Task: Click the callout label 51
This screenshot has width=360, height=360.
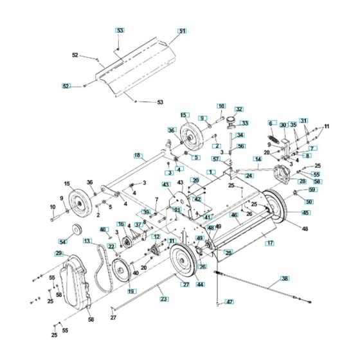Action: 182,31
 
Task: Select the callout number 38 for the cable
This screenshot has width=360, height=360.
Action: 285,279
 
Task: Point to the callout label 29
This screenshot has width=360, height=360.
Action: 59,254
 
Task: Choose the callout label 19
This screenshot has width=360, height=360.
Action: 131,291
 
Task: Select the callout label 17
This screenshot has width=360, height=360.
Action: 271,243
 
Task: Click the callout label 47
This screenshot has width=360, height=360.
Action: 230,301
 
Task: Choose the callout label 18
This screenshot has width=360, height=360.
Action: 138,155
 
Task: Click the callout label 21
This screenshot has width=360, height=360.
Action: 177,210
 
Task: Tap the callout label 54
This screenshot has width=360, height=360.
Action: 62,241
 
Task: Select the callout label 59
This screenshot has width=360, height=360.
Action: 313,190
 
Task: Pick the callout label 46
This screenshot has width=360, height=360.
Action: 235,215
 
